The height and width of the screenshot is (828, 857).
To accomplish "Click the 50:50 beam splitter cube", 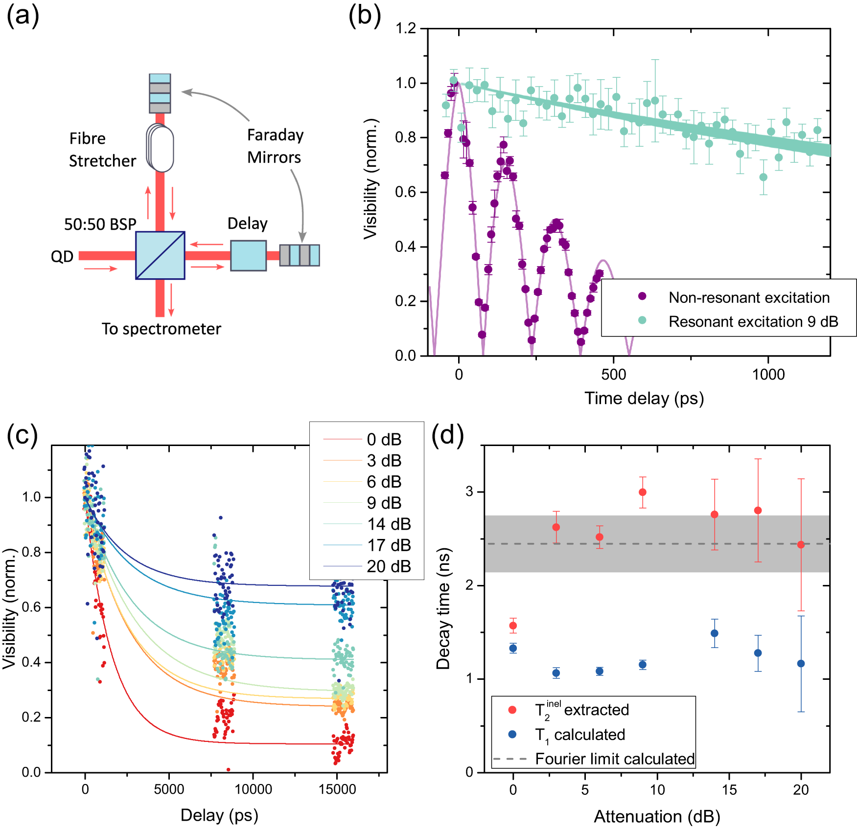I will [x=160, y=255].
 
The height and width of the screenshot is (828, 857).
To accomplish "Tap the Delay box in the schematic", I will [x=248, y=255].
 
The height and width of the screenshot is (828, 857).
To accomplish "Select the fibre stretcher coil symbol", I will [x=161, y=148].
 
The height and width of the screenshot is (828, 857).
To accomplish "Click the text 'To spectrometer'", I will [x=161, y=329].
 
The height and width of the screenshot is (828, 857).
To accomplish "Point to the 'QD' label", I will [x=62, y=256].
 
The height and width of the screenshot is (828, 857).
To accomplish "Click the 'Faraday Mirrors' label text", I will [x=275, y=146].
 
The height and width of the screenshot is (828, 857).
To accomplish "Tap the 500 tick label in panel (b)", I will [x=613, y=375].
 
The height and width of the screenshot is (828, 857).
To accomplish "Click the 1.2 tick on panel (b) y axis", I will [x=406, y=28].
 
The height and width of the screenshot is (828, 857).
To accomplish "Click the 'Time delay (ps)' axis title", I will [x=644, y=398].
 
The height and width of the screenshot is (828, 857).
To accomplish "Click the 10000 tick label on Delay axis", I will [x=253, y=789].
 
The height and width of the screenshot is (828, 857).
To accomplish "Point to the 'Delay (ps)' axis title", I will [x=219, y=815].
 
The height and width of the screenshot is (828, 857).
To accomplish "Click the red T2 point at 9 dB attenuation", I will [x=643, y=492].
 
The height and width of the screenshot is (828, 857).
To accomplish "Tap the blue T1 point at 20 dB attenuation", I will [x=801, y=664].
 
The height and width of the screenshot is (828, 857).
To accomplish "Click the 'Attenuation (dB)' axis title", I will [x=656, y=816].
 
